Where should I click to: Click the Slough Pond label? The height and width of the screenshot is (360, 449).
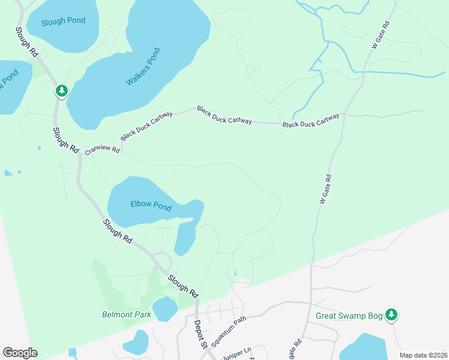(x=63, y=21)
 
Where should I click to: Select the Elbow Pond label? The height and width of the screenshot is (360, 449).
(x=151, y=206)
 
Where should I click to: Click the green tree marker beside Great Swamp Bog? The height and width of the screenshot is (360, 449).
(x=391, y=314)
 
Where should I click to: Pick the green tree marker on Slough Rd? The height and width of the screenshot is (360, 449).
(x=61, y=91)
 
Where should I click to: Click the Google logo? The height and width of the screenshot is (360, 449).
(x=20, y=353)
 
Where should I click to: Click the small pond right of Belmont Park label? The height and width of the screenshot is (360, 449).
(x=164, y=309)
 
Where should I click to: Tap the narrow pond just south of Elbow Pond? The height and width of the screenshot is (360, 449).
(x=185, y=238)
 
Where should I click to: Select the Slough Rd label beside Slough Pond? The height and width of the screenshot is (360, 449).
(x=27, y=42)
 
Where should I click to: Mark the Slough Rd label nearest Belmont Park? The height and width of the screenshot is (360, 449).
(x=183, y=286)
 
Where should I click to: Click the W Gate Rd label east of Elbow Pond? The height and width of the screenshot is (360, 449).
(x=325, y=190)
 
